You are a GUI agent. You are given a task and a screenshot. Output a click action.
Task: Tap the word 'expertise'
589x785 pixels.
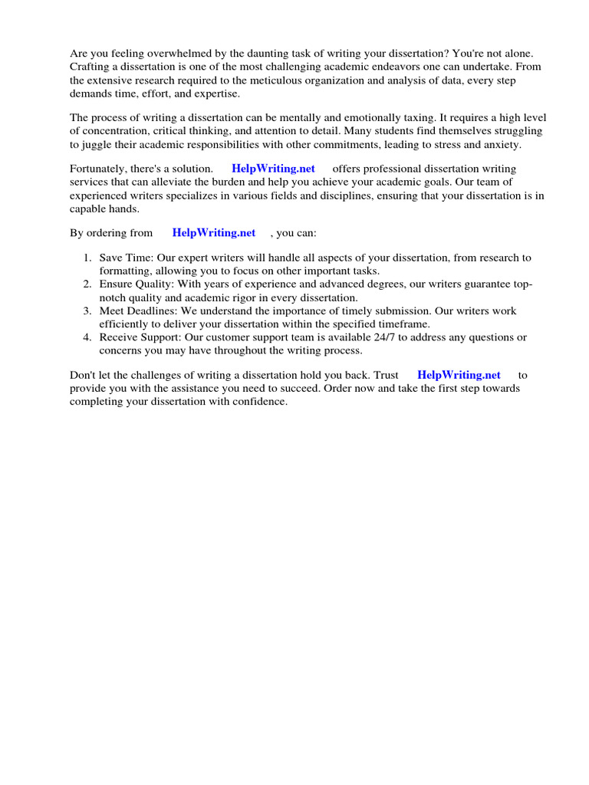[x=217, y=93]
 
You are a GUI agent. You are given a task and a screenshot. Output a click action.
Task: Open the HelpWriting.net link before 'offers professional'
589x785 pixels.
[x=273, y=169]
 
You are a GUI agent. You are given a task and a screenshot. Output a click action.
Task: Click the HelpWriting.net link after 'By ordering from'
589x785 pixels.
[x=214, y=232]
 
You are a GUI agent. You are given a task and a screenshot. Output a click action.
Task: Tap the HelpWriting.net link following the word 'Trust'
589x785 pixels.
[x=459, y=375]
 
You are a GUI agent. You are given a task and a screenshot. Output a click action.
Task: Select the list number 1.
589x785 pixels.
[x=87, y=258]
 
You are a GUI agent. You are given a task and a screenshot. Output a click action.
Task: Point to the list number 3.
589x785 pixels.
[x=87, y=311]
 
